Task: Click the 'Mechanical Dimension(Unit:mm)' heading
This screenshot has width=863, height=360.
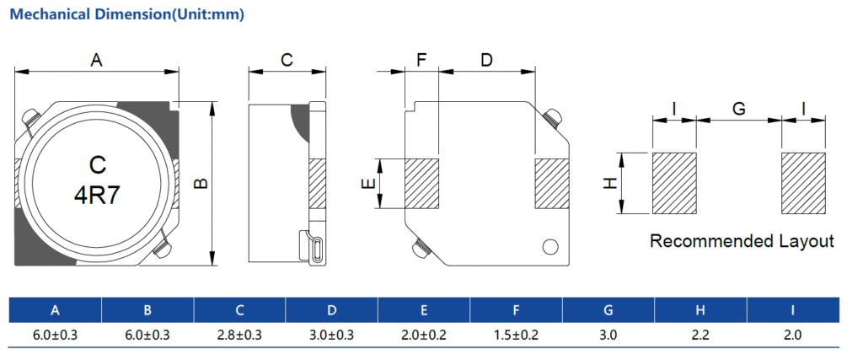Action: tap(126, 14)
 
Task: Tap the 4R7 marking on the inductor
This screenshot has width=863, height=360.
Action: tap(97, 196)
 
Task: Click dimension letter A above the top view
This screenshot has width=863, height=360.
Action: tap(96, 60)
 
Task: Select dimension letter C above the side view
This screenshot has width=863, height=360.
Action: tap(287, 60)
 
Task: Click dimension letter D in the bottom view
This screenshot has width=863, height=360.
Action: tap(486, 60)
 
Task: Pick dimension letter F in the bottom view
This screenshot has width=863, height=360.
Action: tap(421, 60)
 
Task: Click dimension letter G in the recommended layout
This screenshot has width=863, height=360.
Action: tap(738, 109)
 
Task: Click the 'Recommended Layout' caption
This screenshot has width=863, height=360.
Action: tap(742, 242)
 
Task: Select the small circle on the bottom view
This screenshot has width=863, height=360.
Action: tap(550, 246)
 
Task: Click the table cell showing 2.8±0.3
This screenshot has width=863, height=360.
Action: tap(239, 335)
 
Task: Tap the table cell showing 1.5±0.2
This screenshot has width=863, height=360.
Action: tap(516, 335)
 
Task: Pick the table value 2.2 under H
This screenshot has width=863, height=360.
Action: tap(700, 335)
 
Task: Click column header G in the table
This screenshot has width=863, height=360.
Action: tap(608, 310)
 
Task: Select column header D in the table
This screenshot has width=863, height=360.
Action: tap(331, 310)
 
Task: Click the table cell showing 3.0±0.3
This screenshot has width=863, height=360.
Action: tap(331, 335)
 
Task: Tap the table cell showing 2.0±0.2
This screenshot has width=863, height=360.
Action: tap(424, 335)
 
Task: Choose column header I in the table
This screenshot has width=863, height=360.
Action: tap(792, 310)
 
